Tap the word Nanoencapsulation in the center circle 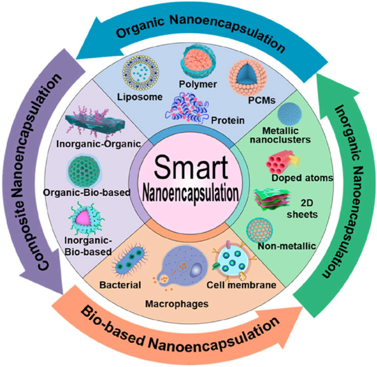coord(189,194)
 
